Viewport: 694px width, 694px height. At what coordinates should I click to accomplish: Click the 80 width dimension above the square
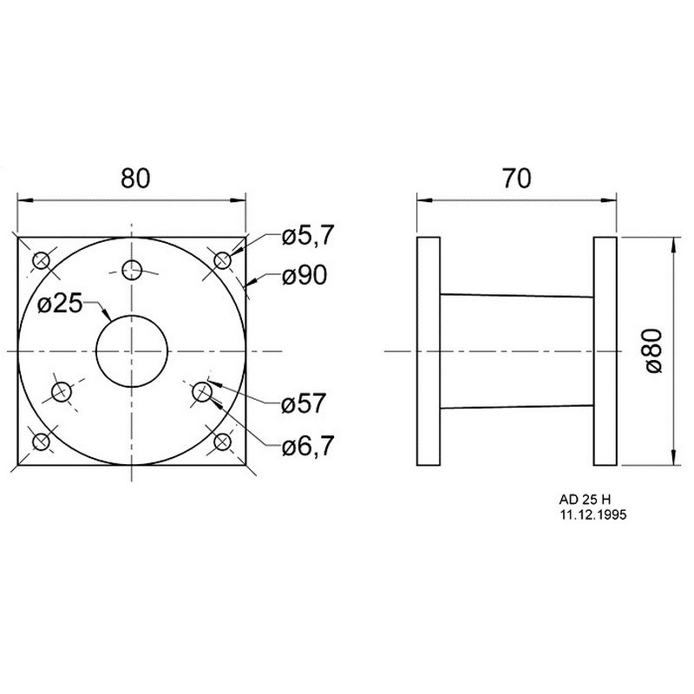tap(135, 178)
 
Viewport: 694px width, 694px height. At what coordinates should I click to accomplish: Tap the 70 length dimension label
tap(516, 179)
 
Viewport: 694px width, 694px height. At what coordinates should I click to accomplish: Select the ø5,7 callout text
tap(308, 235)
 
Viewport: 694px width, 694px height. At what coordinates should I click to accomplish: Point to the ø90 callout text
tap(304, 275)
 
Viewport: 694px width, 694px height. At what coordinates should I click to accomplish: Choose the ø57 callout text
tap(304, 403)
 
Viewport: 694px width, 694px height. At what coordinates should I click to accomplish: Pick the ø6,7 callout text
tap(308, 446)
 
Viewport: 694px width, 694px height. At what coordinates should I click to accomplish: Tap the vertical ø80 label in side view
tap(654, 351)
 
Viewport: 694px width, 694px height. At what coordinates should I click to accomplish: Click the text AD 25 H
tap(585, 500)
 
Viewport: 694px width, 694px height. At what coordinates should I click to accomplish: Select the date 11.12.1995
tap(593, 514)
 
